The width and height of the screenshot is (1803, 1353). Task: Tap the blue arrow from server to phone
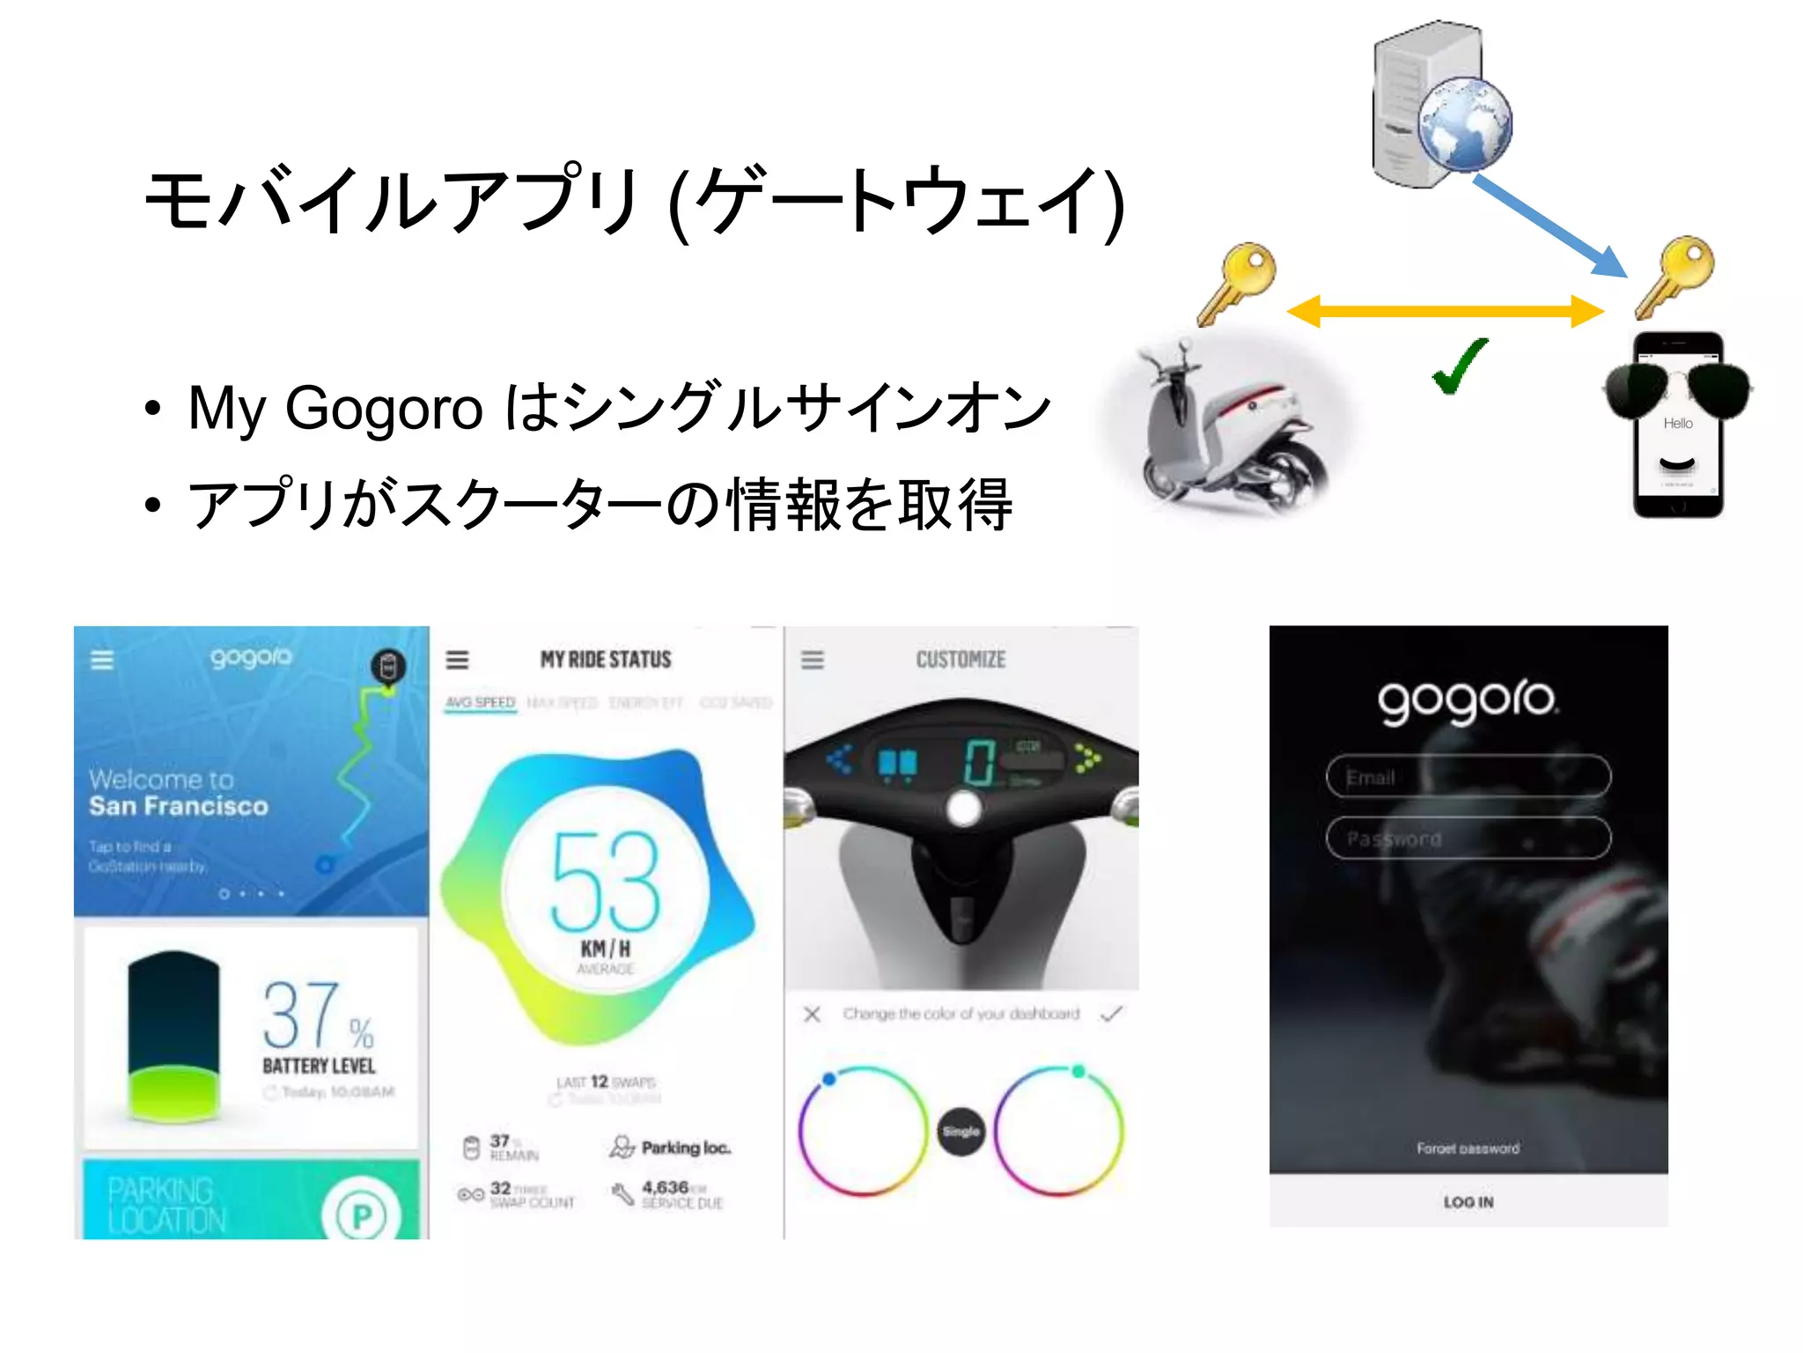point(1549,225)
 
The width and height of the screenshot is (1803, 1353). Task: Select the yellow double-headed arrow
point(1444,311)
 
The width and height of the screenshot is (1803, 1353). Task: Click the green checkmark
point(1460,366)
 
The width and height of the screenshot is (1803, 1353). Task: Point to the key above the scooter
point(1237,282)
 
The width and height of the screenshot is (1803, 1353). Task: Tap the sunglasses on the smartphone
point(1676,388)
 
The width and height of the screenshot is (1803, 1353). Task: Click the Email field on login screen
point(1468,777)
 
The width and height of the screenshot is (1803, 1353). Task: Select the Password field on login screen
point(1468,838)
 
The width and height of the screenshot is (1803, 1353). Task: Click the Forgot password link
point(1468,1148)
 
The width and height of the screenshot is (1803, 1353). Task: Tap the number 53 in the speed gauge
point(606,882)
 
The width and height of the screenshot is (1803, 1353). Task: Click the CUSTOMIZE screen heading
point(960,660)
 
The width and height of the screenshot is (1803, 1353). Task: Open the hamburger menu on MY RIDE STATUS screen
point(457,660)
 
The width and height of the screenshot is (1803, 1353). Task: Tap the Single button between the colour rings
point(960,1131)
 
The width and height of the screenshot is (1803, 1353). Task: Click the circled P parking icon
point(361,1215)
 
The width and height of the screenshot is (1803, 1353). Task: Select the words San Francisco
point(179,806)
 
